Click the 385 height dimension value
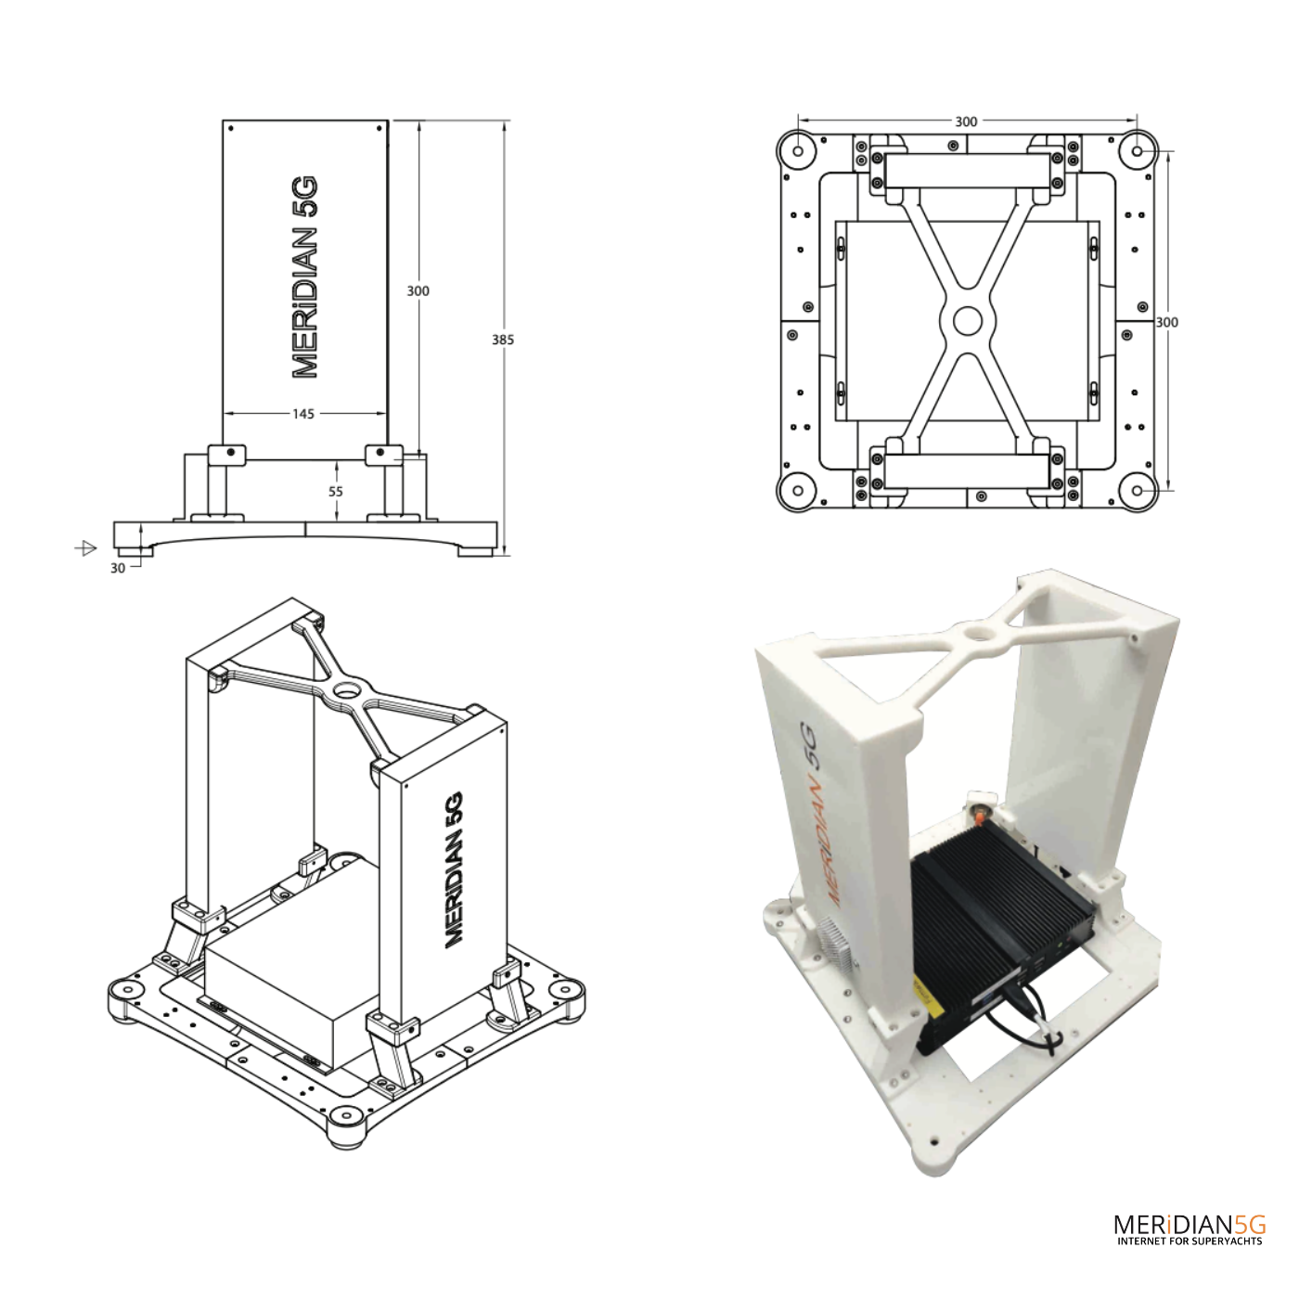[503, 340]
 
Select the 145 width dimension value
[303, 414]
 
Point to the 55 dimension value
[336, 492]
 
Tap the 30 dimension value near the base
[118, 568]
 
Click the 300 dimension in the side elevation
[418, 290]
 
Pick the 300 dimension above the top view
[966, 122]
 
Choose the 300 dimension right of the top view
[1167, 322]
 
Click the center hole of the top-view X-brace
[967, 321]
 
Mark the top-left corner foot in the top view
[797, 148]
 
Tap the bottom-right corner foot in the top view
[1137, 490]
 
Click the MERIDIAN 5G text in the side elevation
[305, 277]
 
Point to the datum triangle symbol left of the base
[86, 548]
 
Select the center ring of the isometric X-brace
[349, 690]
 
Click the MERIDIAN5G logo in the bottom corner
[1190, 1224]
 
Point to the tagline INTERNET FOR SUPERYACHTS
[1190, 1241]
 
